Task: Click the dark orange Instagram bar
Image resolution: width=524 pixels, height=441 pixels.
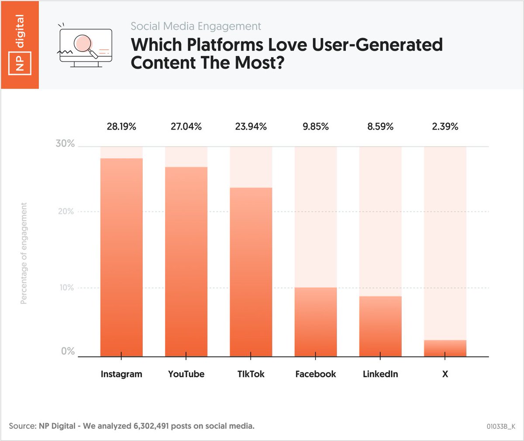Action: [x=121, y=258]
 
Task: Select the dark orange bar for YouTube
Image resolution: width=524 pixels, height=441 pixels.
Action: [x=186, y=262]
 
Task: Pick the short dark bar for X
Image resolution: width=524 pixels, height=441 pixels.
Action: [x=445, y=348]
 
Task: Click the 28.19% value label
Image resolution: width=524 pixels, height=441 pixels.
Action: [x=121, y=127]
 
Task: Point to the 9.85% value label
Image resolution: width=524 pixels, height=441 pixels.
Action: [x=316, y=127]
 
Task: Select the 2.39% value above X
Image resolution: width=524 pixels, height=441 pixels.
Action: [x=445, y=127]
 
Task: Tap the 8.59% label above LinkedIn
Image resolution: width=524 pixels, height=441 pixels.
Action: [x=380, y=127]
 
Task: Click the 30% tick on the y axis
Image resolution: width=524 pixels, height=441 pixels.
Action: [x=65, y=144]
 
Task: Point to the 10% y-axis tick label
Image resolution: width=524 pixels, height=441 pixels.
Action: [x=65, y=288]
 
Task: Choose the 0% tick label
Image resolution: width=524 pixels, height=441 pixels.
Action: [x=68, y=351]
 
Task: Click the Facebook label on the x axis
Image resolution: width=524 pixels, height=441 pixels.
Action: [x=316, y=374]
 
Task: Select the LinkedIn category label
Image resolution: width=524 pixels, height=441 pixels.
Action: [x=380, y=374]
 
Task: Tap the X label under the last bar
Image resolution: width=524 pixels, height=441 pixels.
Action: [x=445, y=374]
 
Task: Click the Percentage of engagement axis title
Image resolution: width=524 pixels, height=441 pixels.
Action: [x=24, y=253]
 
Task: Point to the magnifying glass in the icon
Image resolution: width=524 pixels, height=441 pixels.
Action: [x=83, y=44]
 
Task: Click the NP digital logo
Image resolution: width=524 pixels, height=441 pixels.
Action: [x=20, y=44]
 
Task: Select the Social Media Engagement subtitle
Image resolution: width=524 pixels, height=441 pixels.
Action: [x=196, y=26]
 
